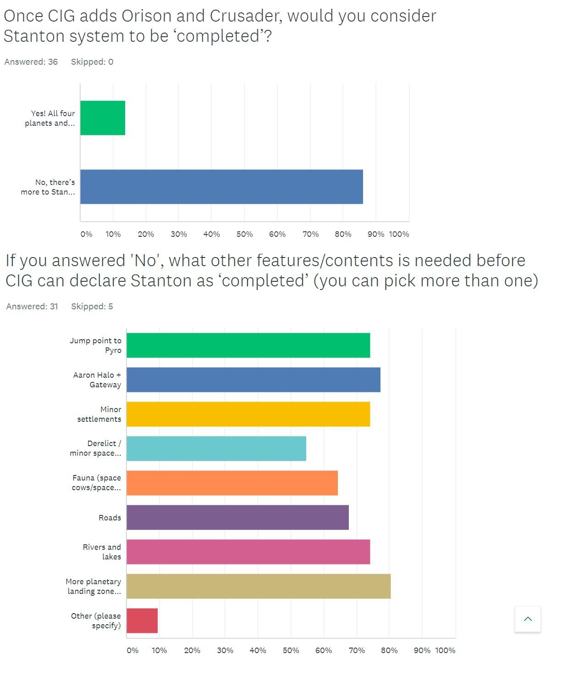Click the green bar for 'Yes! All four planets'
103,118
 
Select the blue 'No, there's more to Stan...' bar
221,187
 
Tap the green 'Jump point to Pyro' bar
248,345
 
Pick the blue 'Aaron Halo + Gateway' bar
253,380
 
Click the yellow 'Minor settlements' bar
248,414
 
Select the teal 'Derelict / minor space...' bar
216,448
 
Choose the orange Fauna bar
232,483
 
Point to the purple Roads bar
237,517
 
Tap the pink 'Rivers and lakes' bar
248,552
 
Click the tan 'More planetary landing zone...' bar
259,586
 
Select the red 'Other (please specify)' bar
142,621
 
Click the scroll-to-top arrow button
528,619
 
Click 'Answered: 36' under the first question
31,62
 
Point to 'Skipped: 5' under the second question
92,307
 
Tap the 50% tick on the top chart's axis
244,234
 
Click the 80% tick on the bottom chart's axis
389,650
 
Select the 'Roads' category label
110,518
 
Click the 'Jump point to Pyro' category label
95,345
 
